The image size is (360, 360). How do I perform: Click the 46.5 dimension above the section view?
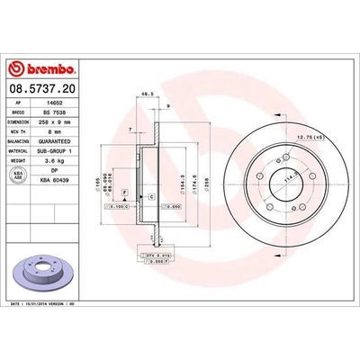pos(144,93)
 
